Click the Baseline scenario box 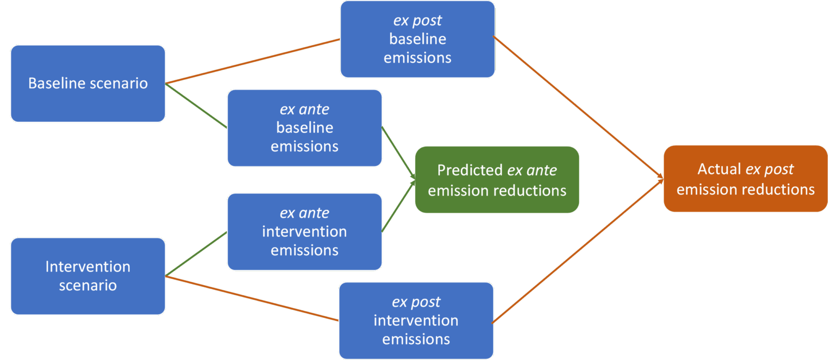88,83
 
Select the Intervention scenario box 88,276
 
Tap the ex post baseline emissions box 417,39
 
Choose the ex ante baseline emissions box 304,128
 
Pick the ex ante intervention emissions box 304,231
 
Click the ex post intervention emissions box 416,320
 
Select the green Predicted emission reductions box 497,180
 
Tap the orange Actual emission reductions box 745,178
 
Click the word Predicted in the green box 469,170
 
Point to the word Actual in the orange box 719,169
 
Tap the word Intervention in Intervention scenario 88,267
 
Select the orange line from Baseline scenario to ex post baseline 253,61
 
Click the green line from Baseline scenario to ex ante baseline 196,106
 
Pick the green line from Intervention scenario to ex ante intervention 196,254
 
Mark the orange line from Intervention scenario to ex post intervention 251,298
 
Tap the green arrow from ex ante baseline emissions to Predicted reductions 398,152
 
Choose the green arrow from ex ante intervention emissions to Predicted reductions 398,206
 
